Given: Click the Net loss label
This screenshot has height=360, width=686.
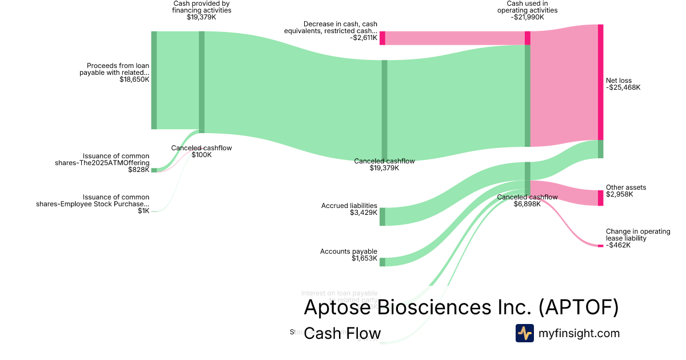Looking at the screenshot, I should [x=619, y=81].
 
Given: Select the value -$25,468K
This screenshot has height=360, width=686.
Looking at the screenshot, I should [x=623, y=88].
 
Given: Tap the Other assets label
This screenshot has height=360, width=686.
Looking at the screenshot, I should [x=626, y=187].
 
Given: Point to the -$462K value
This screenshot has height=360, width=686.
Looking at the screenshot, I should [x=619, y=245].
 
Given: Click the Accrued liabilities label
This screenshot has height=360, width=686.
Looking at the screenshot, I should [x=349, y=206].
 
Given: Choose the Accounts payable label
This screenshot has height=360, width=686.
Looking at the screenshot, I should [x=349, y=251].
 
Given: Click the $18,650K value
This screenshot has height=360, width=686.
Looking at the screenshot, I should [x=134, y=79].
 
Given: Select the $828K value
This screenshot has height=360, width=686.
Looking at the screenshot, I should [x=138, y=170].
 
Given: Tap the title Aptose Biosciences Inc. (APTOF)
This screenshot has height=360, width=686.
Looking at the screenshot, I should [x=461, y=307].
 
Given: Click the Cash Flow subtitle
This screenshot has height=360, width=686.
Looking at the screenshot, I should [x=342, y=334].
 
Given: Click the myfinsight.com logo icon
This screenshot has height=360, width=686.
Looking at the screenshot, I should [x=524, y=333].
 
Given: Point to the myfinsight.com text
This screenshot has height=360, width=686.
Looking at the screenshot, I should [x=579, y=333].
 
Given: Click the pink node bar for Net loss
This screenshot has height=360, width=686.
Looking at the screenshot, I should [x=600, y=82].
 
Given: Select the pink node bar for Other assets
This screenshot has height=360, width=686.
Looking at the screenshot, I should [x=600, y=198].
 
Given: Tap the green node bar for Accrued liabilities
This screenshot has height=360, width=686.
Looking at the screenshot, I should [x=382, y=217].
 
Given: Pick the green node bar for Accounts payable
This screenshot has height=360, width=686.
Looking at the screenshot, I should [x=382, y=262].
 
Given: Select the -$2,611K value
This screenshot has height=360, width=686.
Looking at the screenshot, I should [x=364, y=38].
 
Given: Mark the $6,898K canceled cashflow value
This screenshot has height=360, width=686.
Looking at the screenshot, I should [x=527, y=204].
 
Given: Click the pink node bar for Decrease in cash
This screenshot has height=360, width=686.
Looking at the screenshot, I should [x=382, y=38].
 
